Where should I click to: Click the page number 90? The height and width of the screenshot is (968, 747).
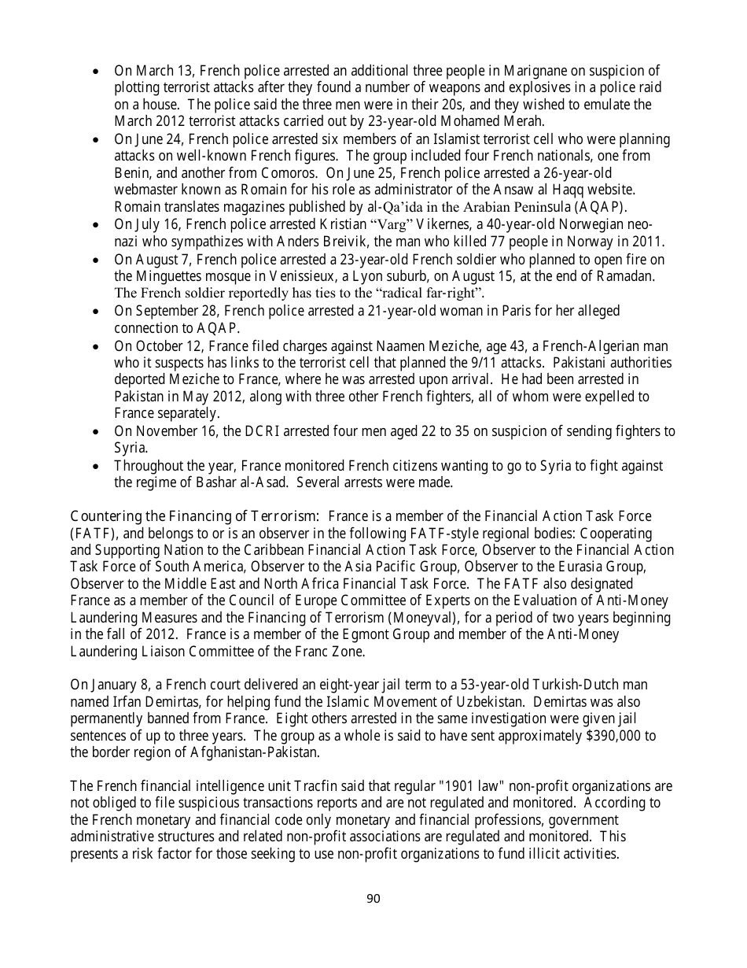click(x=373, y=899)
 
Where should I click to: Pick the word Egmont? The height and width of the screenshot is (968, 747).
click(x=418, y=635)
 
